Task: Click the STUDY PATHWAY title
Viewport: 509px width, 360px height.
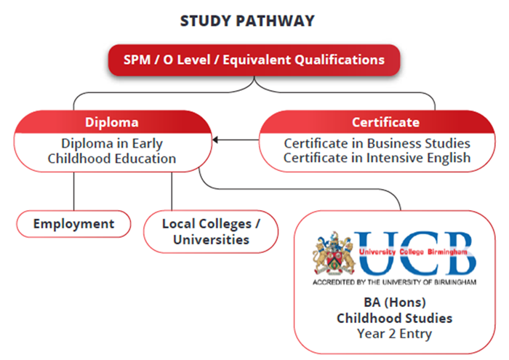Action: click(x=247, y=21)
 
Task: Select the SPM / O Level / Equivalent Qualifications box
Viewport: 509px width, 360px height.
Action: click(x=254, y=60)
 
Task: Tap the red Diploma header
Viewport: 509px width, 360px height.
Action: click(x=112, y=122)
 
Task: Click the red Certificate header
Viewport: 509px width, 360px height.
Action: click(x=377, y=122)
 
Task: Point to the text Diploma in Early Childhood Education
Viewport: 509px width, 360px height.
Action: click(x=112, y=151)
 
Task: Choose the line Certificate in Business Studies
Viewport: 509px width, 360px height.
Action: click(x=377, y=143)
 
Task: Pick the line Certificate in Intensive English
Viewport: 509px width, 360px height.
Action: click(x=377, y=158)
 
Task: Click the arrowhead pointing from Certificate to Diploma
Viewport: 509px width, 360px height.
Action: click(x=215, y=140)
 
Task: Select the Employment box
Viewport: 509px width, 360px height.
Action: click(x=73, y=224)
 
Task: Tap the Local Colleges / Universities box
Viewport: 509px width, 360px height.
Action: click(x=211, y=231)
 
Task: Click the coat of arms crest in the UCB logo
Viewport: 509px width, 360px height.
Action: click(x=333, y=254)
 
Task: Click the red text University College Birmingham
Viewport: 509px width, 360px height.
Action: click(x=413, y=252)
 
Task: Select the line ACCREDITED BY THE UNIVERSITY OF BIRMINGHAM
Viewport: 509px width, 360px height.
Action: click(x=394, y=282)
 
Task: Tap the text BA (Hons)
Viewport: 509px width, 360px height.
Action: click(x=395, y=303)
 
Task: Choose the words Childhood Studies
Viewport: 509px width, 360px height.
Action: click(x=394, y=318)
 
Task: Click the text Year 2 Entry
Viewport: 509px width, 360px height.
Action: click(x=394, y=334)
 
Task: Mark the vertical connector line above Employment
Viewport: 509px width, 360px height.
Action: click(x=73, y=191)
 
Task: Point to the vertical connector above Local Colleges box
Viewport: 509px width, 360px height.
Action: click(x=172, y=191)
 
